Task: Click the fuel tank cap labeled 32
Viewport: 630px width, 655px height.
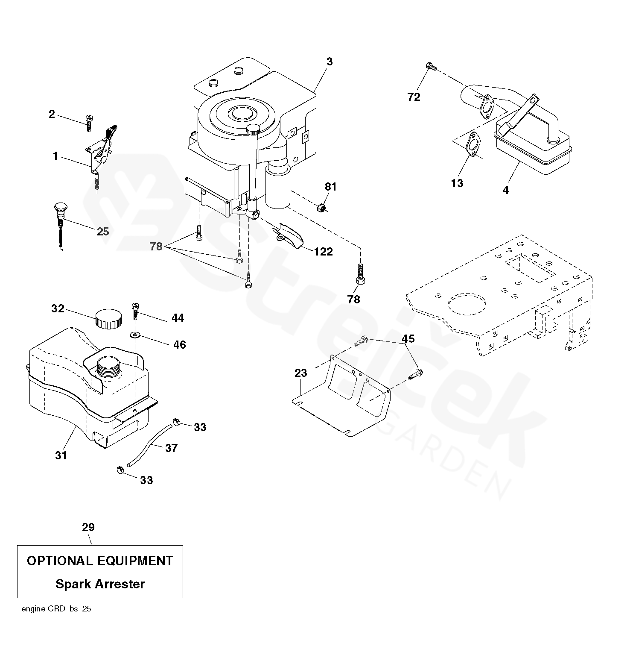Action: pos(108,319)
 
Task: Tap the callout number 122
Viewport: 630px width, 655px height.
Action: pos(323,252)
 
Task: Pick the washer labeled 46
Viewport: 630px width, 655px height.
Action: pos(136,334)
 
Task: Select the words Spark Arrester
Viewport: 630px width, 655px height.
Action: pos(100,584)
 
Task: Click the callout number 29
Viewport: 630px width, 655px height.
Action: pos(88,527)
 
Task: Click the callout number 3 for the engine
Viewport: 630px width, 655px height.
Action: pos(329,62)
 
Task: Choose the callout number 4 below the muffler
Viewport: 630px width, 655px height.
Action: pos(506,190)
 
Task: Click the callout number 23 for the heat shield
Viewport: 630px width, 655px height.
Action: pos(300,373)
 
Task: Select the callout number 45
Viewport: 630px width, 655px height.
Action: pos(408,339)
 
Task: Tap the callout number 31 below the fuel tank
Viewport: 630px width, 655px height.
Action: pos(61,456)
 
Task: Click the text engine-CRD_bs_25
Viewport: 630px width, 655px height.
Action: pos(56,609)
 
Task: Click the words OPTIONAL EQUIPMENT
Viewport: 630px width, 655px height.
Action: pos(100,561)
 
